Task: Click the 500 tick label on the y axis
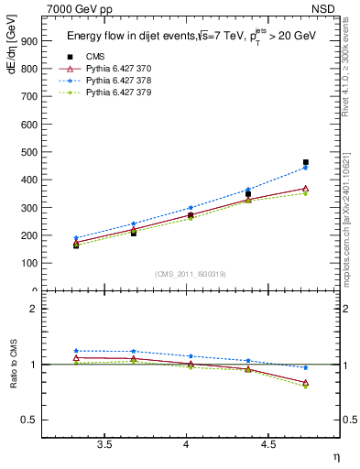[x=29, y=152]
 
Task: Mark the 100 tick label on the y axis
[x=29, y=263]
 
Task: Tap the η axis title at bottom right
[x=335, y=456]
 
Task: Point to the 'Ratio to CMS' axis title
[x=10, y=364]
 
